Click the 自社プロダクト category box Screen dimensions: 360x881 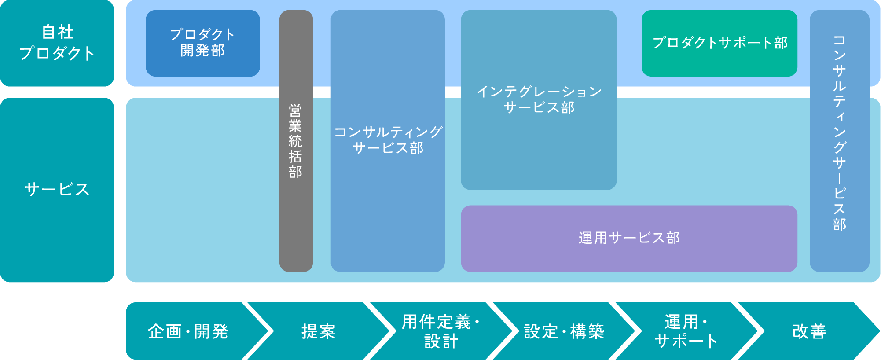coord(57,43)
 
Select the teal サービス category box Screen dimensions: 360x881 coord(57,190)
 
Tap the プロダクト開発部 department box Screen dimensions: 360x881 coord(202,43)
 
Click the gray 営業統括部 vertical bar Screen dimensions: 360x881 coord(296,141)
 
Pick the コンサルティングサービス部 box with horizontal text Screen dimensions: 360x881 coord(387,140)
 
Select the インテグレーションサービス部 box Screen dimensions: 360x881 coord(538,99)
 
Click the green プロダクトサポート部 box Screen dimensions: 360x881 coord(719,43)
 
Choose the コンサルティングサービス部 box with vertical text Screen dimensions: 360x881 coord(839,140)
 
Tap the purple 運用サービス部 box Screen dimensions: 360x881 coord(629,238)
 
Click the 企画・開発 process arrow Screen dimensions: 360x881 coord(188,331)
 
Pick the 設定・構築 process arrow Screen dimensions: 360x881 coord(564,331)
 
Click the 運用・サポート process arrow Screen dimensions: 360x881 coord(686,331)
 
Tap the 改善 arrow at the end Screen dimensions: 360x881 coord(809,331)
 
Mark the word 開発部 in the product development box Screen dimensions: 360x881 coord(202,51)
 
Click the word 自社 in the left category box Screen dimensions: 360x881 coord(57,32)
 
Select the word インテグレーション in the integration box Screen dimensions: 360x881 coord(539,92)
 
